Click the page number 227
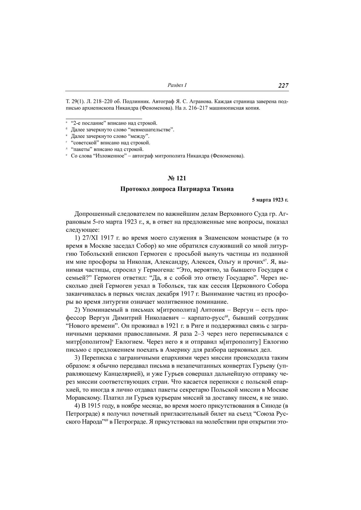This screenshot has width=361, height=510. (x=283, y=86)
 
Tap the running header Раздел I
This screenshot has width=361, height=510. (x=177, y=85)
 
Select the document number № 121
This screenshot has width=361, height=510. (x=177, y=178)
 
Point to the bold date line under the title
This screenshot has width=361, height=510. (x=270, y=199)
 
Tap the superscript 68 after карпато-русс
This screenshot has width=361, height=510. (x=226, y=316)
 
